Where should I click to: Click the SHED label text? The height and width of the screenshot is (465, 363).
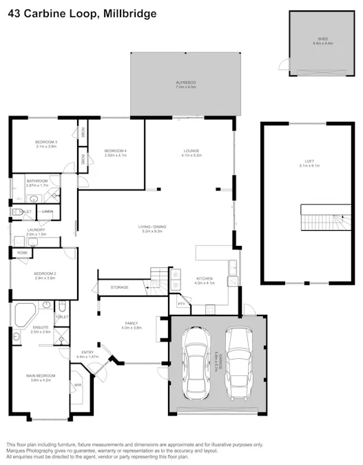pyautogui.click(x=320, y=41)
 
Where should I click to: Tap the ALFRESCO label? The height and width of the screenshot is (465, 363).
pyautogui.click(x=186, y=83)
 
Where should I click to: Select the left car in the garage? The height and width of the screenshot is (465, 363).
pyautogui.click(x=196, y=363)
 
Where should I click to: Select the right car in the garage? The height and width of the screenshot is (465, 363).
pyautogui.click(x=239, y=359)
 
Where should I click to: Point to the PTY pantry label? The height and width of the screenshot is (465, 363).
pyautogui.click(x=181, y=304)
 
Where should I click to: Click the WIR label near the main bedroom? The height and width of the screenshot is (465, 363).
pyautogui.click(x=78, y=385)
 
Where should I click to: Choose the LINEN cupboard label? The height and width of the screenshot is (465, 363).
pyautogui.click(x=48, y=211)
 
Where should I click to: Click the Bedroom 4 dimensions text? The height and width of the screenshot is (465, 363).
pyautogui.click(x=114, y=155)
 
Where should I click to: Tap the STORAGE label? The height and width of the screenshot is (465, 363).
pyautogui.click(x=120, y=287)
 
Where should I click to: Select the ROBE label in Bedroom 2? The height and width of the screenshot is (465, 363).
pyautogui.click(x=23, y=253)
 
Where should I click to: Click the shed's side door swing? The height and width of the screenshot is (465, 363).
pyautogui.click(x=283, y=65)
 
